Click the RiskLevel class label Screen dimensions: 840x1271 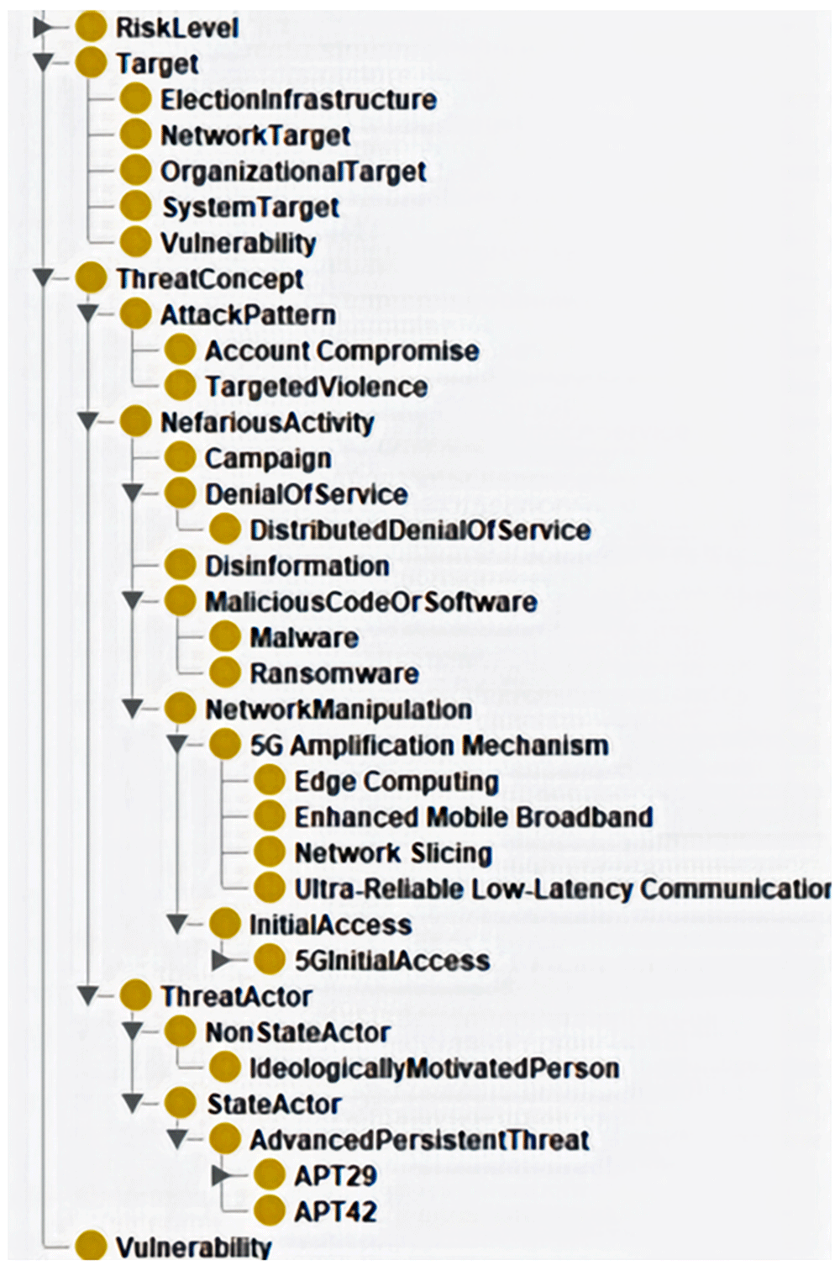(x=177, y=29)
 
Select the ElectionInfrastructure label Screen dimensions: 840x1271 (x=298, y=100)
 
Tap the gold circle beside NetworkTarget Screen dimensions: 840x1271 (x=136, y=135)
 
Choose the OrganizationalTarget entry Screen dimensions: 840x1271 (x=293, y=172)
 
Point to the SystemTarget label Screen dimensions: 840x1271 (x=250, y=208)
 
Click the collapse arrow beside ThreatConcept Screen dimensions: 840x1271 (x=44, y=278)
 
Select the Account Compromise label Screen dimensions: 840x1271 (x=342, y=351)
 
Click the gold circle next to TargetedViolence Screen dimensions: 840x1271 (x=181, y=387)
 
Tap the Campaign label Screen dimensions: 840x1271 (x=268, y=459)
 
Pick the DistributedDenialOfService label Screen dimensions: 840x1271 (x=420, y=530)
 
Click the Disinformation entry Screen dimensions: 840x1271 (x=297, y=567)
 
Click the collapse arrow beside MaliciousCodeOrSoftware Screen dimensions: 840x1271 (x=133, y=602)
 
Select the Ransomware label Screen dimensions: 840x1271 (x=334, y=674)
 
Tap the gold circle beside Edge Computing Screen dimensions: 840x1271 (x=270, y=781)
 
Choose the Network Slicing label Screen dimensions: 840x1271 (x=394, y=853)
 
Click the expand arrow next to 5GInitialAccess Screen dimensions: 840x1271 (x=223, y=960)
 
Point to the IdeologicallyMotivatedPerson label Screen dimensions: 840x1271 (x=434, y=1068)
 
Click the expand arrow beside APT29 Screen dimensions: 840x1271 (x=223, y=1176)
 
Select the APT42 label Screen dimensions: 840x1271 (x=336, y=1212)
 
